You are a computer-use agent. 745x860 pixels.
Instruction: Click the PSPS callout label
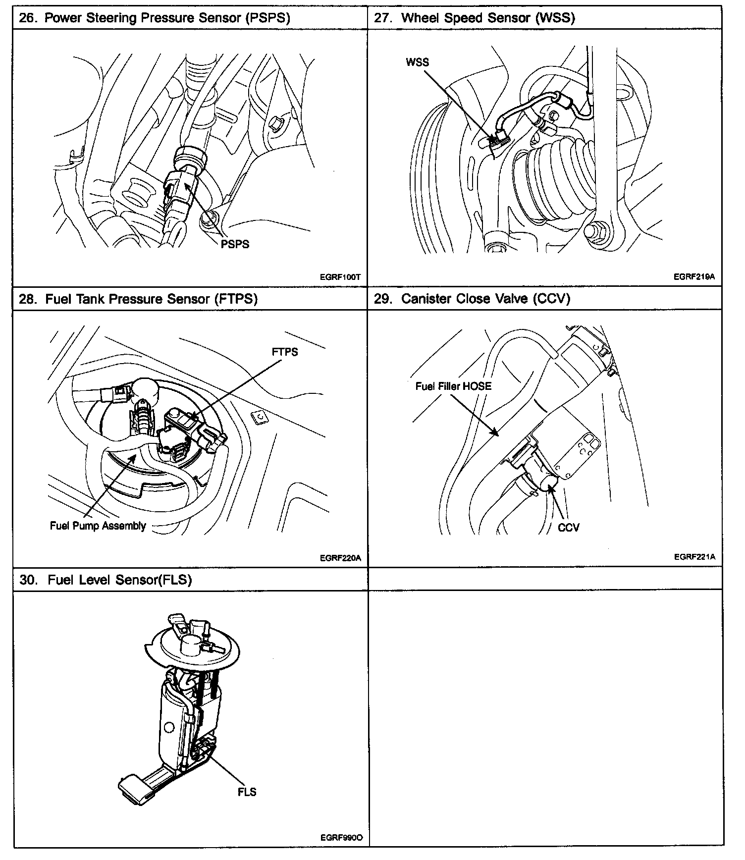[235, 244]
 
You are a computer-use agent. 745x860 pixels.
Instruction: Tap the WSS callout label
[417, 62]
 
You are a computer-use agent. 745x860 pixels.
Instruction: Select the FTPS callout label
[285, 352]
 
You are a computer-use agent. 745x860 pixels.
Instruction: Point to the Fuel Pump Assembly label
[98, 526]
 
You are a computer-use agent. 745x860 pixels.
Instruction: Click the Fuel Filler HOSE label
[453, 386]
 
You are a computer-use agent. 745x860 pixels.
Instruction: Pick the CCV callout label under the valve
[568, 528]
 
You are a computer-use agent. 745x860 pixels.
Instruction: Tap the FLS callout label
[247, 792]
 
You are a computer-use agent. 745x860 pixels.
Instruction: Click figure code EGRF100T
[340, 277]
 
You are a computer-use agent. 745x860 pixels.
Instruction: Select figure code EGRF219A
[694, 277]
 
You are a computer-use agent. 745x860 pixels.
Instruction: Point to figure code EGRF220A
[340, 558]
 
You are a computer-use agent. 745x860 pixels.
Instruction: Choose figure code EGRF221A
[694, 557]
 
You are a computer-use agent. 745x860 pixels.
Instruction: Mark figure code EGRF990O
[341, 838]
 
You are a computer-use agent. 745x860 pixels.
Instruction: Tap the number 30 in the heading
[28, 580]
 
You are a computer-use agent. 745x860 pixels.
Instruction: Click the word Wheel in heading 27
[419, 18]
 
